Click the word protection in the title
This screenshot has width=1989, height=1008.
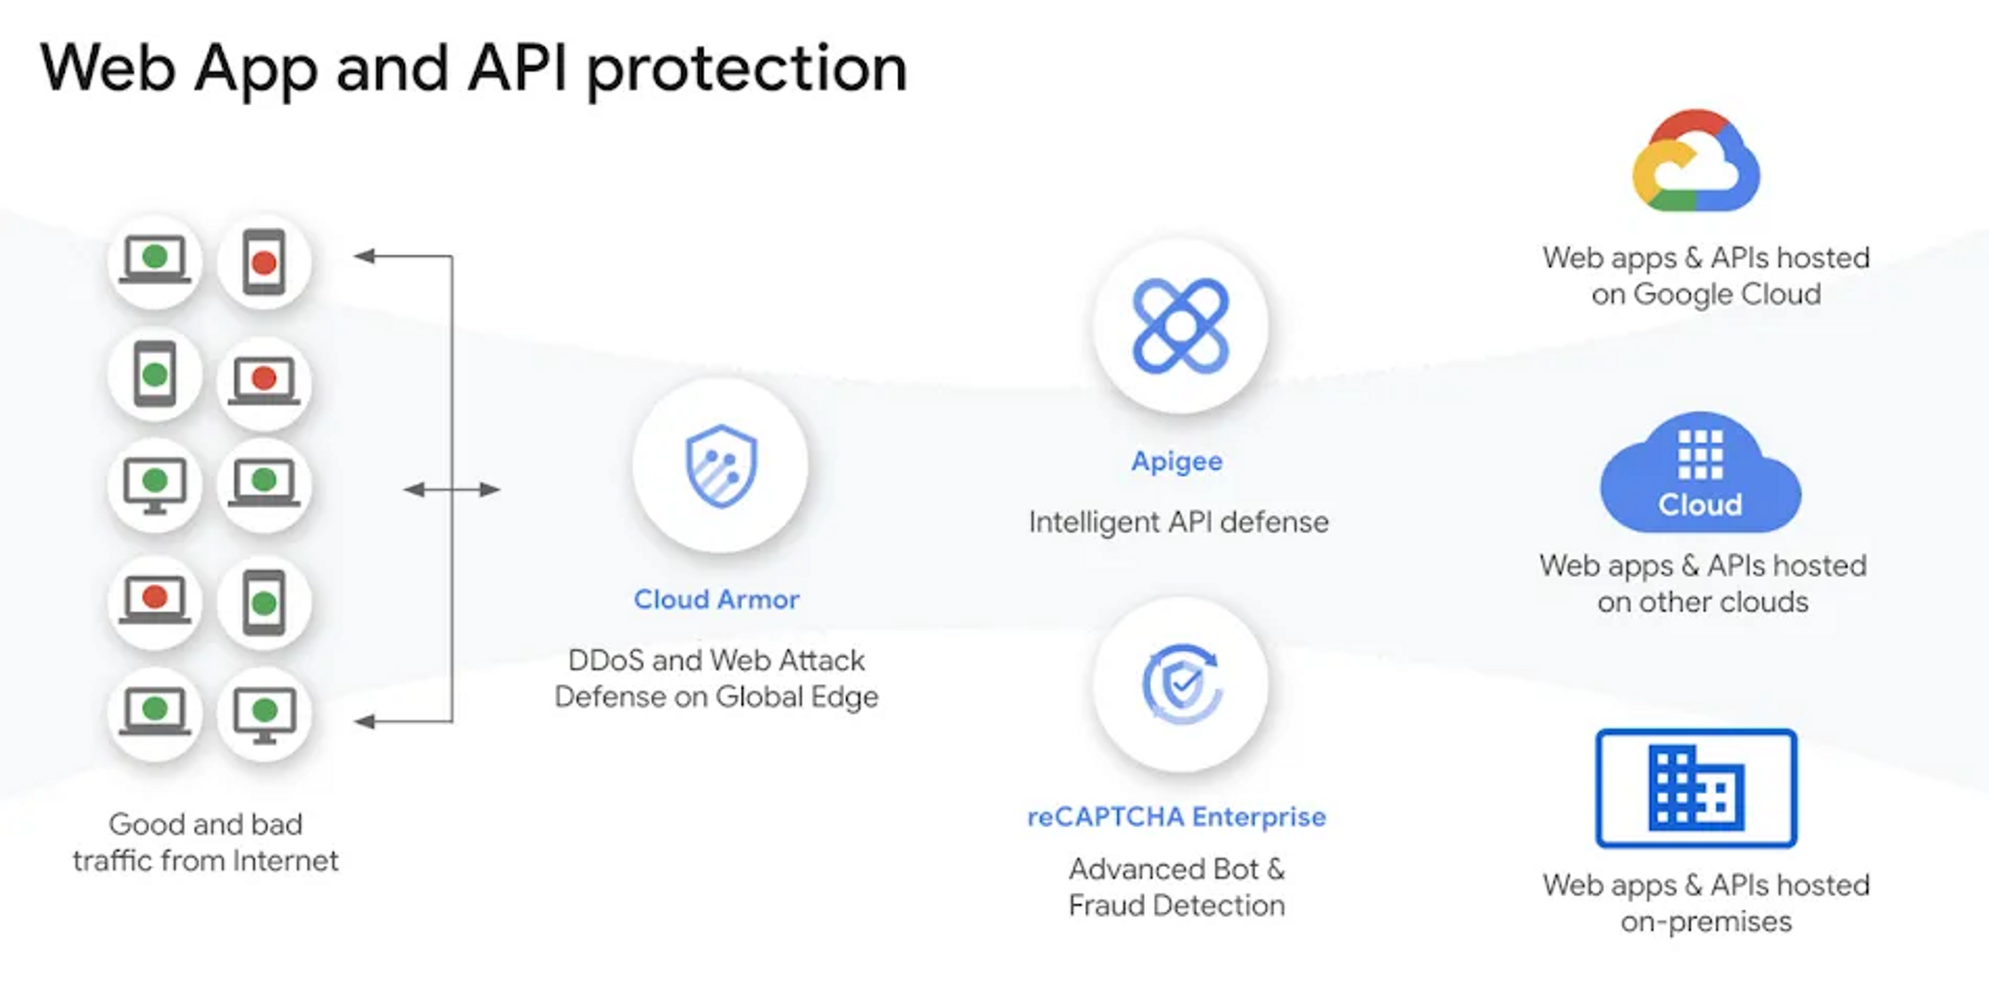pos(746,70)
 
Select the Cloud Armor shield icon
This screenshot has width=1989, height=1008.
pos(721,465)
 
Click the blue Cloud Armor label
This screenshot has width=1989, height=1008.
pos(716,599)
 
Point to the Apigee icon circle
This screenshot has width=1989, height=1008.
pos(1180,326)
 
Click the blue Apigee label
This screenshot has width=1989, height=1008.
pos(1176,461)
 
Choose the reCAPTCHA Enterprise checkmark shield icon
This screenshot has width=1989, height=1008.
pos(1180,684)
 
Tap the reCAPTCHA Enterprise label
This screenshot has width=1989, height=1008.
pos(1176,817)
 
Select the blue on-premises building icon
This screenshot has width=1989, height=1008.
pos(1697,788)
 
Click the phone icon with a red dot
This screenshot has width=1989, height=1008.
pos(264,262)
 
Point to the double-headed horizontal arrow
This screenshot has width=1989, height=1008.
pos(452,489)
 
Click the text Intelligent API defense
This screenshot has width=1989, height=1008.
pos(1178,522)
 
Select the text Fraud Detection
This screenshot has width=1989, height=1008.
pos(1176,906)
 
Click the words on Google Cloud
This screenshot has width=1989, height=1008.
pos(1707,294)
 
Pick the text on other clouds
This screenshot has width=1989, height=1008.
pos(1703,602)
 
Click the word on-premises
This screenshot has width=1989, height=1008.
pos(1707,922)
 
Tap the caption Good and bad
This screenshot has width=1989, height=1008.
pos(206,824)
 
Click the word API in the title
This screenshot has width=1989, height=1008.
pos(517,70)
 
